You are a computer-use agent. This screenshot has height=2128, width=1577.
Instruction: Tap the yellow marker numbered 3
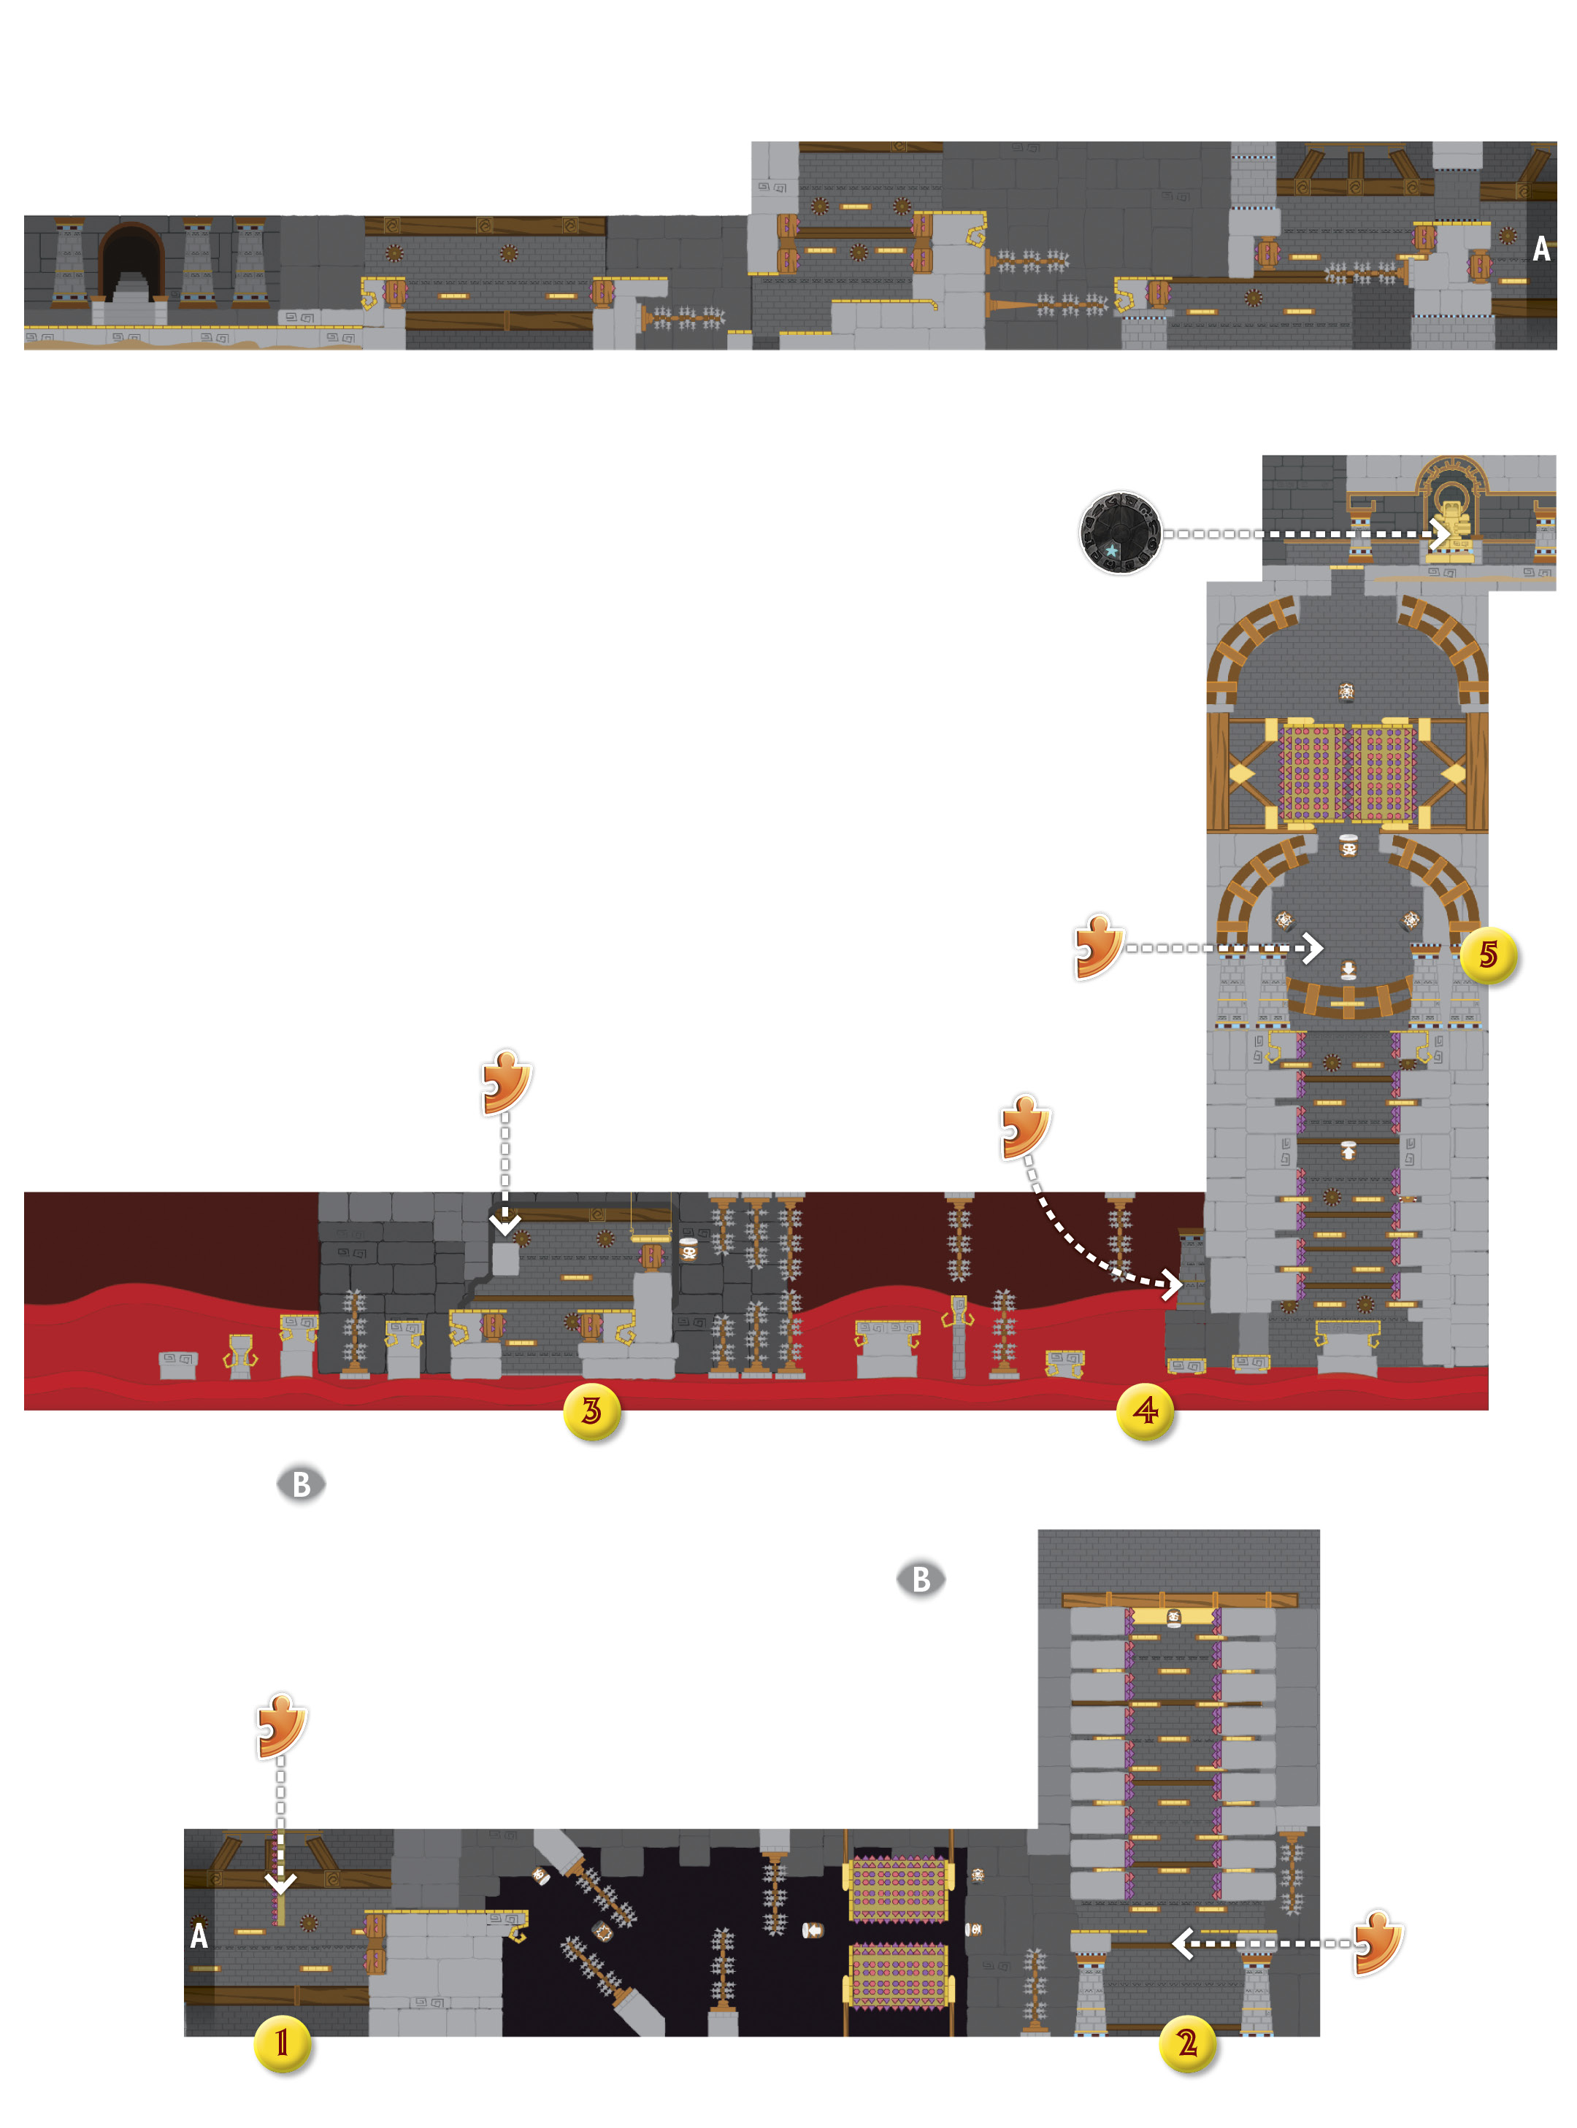pos(592,1411)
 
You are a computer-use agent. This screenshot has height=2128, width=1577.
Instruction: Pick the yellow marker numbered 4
pos(1146,1411)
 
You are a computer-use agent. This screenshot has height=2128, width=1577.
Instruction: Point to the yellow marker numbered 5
pos(1489,955)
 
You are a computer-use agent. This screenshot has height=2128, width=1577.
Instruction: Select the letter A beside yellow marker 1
pos(199,1935)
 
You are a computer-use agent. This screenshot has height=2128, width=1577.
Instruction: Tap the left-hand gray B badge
pos(302,1484)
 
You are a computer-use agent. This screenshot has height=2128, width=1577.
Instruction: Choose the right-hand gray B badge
pos(921,1578)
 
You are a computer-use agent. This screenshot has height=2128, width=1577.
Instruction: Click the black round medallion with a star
pos(1120,533)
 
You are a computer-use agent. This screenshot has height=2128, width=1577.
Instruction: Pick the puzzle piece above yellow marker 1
pos(282,1725)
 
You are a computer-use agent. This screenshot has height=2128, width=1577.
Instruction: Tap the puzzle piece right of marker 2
pos(1378,1941)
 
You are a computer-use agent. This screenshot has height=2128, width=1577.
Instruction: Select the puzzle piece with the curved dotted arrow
pos(1027,1127)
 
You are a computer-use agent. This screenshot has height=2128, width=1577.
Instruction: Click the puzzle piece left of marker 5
pos(1099,947)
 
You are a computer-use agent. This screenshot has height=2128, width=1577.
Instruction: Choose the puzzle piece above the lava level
pos(506,1082)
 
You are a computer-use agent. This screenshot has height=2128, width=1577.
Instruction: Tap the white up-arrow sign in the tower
pos(1348,1150)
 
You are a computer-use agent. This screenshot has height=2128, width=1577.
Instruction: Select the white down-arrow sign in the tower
pos(1348,970)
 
